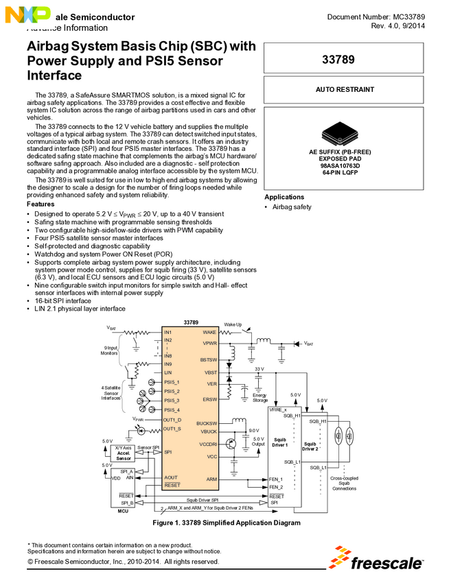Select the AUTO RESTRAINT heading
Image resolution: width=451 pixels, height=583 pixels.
click(345, 90)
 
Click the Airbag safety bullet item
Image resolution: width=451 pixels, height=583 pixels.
click(292, 206)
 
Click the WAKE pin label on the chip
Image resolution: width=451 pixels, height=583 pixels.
click(210, 332)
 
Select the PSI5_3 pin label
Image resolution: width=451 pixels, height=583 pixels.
click(172, 401)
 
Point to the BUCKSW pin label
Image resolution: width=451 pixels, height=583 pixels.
click(207, 423)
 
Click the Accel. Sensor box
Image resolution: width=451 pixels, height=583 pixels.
click(124, 454)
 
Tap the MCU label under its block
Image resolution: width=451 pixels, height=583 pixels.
click(123, 511)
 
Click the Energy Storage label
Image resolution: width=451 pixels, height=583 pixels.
click(259, 397)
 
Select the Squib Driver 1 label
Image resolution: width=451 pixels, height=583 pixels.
click(279, 442)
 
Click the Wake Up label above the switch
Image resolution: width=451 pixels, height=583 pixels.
click(233, 324)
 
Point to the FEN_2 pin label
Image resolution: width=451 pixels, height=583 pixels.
click(276, 486)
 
